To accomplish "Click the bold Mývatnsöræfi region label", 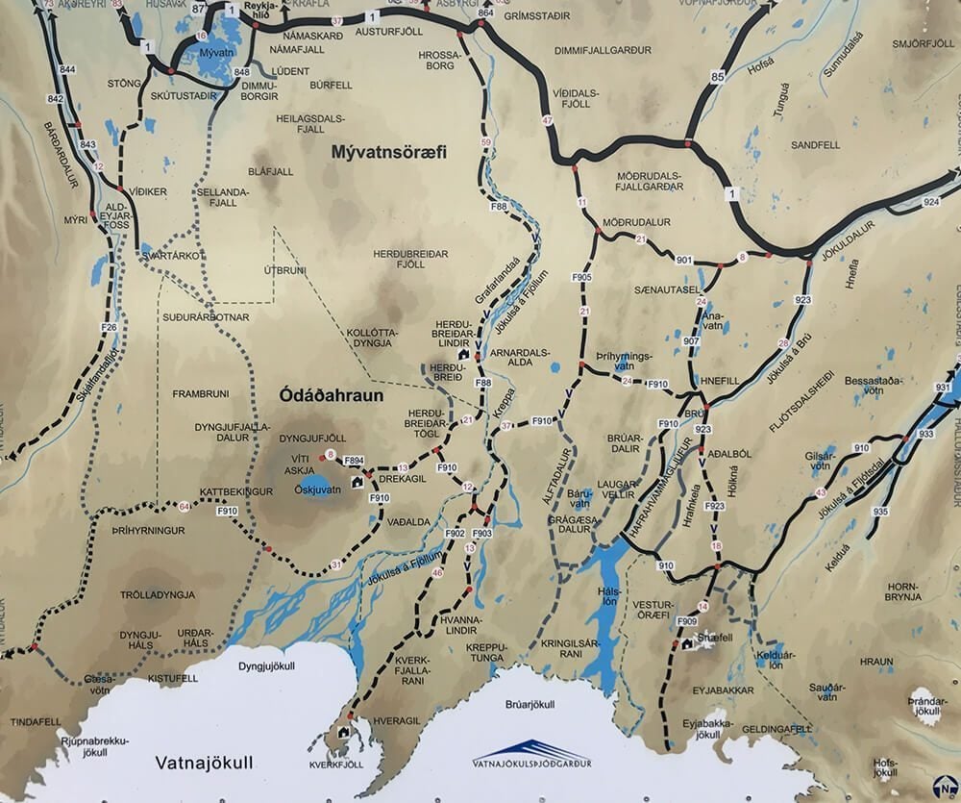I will point(389,152).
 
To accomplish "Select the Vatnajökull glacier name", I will point(204,764).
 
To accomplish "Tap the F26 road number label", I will point(109,328).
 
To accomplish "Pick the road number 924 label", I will point(929,202).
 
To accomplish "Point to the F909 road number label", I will point(686,621).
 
